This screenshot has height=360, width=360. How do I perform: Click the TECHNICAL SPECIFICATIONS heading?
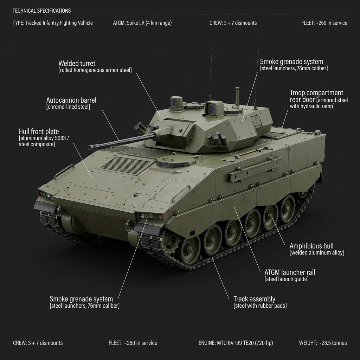pyautogui.click(x=41, y=11)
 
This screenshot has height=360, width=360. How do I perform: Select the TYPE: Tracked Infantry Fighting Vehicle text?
pyautogui.click(x=53, y=23)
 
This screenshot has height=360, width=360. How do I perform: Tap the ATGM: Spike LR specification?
pyautogui.click(x=142, y=23)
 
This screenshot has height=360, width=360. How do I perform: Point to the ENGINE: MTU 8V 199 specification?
pyautogui.click(x=236, y=343)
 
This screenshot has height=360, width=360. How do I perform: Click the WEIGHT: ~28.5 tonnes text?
pyautogui.click(x=323, y=343)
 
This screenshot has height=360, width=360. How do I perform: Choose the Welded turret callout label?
pyautogui.click(x=77, y=64)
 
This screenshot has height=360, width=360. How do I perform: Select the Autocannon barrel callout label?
pyautogui.click(x=71, y=100)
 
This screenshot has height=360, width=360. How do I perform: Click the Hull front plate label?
pyautogui.click(x=39, y=132)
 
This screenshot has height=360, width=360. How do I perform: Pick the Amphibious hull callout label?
pyautogui.click(x=311, y=246)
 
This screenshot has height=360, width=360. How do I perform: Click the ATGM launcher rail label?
pyautogui.click(x=290, y=272)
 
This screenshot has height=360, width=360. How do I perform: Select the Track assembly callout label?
pyautogui.click(x=254, y=299)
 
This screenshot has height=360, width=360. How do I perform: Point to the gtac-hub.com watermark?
pyautogui.click(x=180, y=180)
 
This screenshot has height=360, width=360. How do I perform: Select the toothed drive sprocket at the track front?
pyautogui.click(x=171, y=243)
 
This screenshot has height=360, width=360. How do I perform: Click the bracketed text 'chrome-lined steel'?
pyautogui.click(x=68, y=107)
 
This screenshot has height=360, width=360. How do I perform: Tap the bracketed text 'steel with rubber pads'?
pyautogui.click(x=260, y=306)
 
